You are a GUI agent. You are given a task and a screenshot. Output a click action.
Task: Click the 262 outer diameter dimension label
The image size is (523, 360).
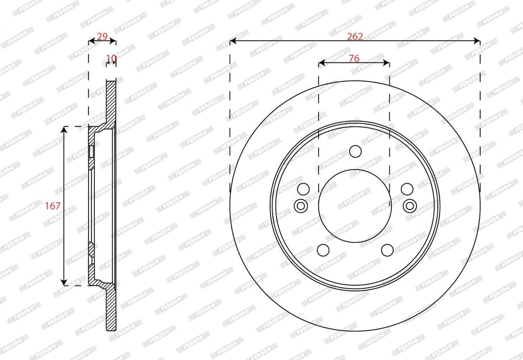tap(354, 36)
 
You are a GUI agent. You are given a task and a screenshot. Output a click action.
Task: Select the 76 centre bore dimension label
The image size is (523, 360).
tap(354, 58)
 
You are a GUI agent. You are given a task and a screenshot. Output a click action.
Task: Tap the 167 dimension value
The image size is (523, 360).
tap(53, 206)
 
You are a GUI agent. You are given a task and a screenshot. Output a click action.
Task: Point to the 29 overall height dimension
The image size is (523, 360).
tap(102, 36)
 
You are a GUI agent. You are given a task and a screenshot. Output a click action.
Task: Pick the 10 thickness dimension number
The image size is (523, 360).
tap(111, 59)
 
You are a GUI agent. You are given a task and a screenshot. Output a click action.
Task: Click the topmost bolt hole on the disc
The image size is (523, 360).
tap(355, 151)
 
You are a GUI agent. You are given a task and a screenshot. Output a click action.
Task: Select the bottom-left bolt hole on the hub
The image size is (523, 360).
tap(323, 250)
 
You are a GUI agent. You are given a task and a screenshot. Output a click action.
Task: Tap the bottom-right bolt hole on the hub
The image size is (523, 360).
tap(387, 250)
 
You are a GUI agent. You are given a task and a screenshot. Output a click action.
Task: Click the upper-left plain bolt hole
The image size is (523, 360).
tap(303, 189)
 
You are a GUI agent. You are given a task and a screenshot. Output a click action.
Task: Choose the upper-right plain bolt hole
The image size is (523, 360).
tap(407, 189)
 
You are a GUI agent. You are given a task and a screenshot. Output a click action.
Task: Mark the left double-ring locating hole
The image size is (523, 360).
tap(301, 206)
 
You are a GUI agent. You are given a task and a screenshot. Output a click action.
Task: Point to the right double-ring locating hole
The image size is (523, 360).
tap(410, 206)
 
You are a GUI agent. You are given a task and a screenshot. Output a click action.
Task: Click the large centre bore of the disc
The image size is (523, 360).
tap(355, 206)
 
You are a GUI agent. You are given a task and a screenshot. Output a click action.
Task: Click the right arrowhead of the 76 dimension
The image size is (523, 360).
tap(387, 63)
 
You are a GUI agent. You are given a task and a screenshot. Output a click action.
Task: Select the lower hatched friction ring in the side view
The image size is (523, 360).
tap(111, 310)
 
